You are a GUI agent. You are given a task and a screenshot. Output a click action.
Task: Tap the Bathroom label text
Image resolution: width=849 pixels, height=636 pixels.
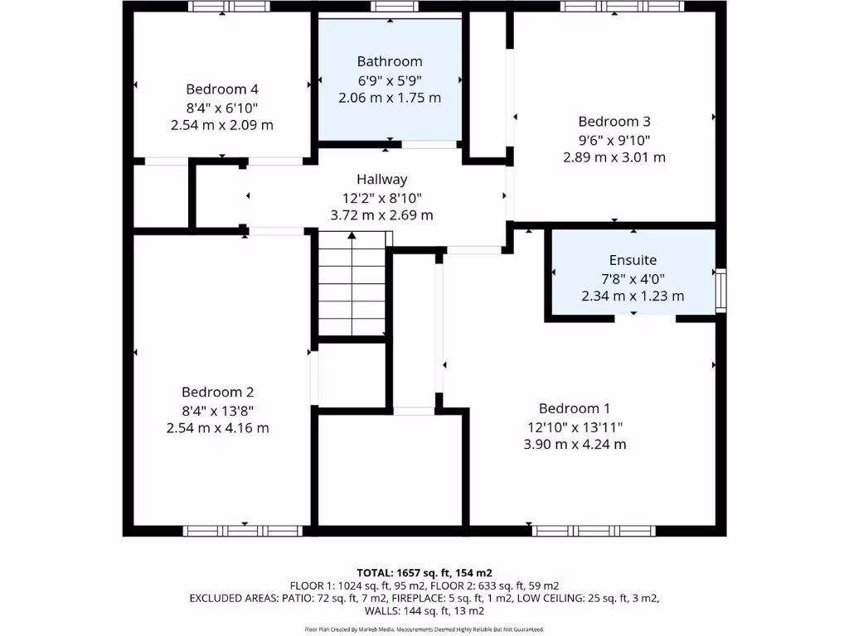[x=390, y=61]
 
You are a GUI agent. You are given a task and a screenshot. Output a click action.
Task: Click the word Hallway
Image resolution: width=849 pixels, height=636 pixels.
[x=381, y=179]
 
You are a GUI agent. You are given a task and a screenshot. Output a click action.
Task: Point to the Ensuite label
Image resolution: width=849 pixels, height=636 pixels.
[x=633, y=260]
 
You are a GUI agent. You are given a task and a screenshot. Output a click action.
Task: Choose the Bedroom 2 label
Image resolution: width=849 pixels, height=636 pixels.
[x=217, y=393]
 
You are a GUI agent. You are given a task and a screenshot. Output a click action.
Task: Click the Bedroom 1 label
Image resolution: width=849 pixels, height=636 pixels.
[x=575, y=408]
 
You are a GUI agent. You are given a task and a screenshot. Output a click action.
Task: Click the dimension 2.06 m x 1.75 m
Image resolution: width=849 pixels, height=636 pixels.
[x=390, y=98]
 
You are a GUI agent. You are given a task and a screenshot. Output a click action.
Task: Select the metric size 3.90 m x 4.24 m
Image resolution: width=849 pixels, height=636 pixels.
[x=575, y=445]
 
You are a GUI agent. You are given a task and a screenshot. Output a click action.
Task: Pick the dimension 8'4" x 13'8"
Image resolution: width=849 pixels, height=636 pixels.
[x=217, y=411]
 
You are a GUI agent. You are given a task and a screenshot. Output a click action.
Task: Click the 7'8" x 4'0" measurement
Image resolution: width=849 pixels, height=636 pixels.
[x=633, y=278]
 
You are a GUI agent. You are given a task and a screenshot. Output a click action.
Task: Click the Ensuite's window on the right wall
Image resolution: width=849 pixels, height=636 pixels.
[x=720, y=290]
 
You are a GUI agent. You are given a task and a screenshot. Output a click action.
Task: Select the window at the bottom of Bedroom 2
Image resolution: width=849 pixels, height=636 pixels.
[x=243, y=531]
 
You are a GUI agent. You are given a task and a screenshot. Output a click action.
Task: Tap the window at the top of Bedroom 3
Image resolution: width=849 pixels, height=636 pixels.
[x=622, y=7]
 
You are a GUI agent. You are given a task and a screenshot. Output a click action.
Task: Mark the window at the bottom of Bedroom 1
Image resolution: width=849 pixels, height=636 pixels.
[x=594, y=531]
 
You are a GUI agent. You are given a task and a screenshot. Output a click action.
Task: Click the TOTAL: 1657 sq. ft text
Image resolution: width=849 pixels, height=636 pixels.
[x=424, y=573]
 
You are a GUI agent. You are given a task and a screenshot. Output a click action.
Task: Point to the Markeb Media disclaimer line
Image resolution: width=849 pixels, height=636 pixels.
[x=424, y=629]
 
